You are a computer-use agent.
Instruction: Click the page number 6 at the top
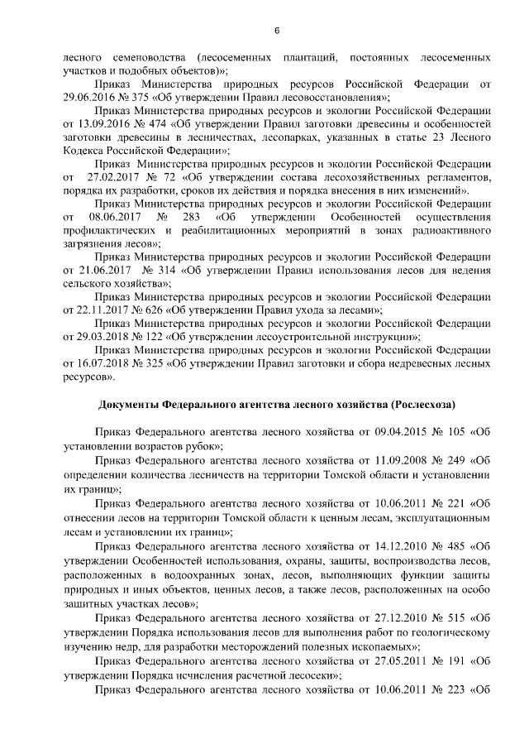277,31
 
